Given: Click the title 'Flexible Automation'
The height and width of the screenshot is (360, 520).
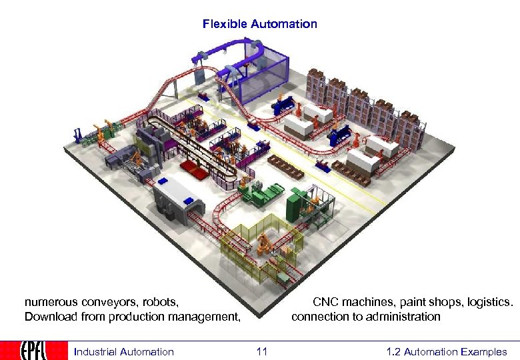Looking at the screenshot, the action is [260, 24].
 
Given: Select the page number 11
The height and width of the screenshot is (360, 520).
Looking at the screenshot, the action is [261, 351].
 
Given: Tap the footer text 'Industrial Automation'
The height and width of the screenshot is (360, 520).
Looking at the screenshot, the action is [123, 351].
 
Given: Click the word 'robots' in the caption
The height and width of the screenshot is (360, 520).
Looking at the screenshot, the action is [160, 302].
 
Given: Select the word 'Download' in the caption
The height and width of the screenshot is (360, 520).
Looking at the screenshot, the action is [49, 316].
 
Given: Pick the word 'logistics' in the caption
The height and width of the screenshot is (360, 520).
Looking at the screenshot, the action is [490, 302].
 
